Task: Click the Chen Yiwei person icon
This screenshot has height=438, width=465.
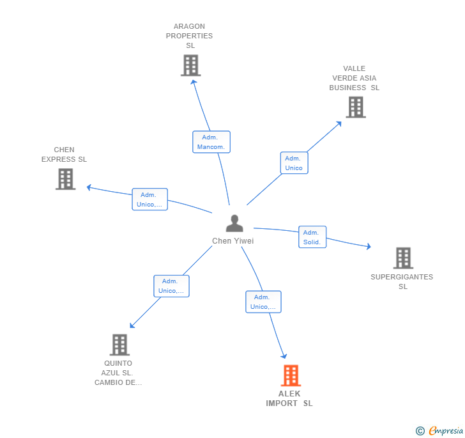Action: [x=234, y=223]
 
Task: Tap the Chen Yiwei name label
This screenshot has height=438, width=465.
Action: [x=233, y=241]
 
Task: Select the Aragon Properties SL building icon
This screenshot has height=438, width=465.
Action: [x=190, y=65]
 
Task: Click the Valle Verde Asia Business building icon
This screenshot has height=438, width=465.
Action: [x=356, y=107]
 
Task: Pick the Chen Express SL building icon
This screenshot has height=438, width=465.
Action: [x=65, y=179]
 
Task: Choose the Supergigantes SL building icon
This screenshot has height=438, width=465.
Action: [x=402, y=258]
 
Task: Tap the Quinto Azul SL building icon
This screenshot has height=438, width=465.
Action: [x=119, y=345]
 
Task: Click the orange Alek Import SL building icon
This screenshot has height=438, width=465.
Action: [x=291, y=375]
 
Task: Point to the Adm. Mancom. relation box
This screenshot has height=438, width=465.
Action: [x=211, y=142]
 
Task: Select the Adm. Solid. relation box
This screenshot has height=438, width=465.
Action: [x=312, y=237]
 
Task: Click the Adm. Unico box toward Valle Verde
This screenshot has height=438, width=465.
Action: [x=294, y=163]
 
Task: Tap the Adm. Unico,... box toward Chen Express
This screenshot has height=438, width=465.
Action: [x=150, y=199]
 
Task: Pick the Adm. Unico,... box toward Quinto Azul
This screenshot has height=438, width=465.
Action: [x=171, y=286]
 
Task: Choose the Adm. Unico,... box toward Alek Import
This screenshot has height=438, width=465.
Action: [x=263, y=302]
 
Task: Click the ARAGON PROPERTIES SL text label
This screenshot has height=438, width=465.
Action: [x=190, y=36]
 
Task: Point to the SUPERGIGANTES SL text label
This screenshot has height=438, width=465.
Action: [x=402, y=282]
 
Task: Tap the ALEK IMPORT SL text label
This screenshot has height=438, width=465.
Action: [x=289, y=398]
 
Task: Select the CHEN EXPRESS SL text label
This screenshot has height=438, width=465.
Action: [x=64, y=155]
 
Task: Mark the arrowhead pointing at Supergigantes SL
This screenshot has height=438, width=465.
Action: [x=368, y=246]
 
